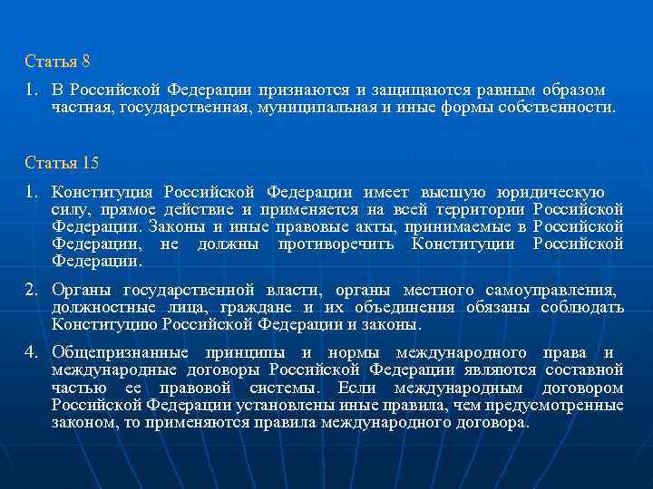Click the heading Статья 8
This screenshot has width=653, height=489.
[x=57, y=62]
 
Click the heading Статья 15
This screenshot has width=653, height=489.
[x=61, y=163]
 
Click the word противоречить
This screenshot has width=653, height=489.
[x=335, y=244]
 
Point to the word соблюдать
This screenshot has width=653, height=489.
[x=584, y=308]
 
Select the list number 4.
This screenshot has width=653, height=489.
[x=32, y=352]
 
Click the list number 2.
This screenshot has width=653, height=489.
[x=32, y=291]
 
